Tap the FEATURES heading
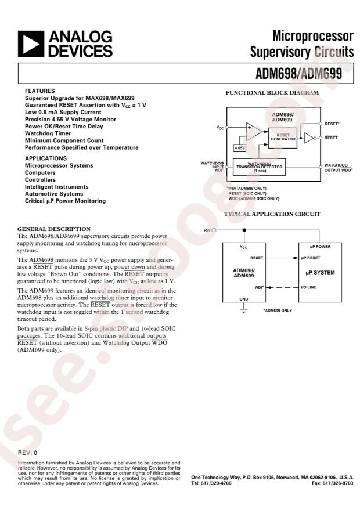tap(40, 91)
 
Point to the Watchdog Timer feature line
tap(49, 133)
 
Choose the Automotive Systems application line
tap(54, 194)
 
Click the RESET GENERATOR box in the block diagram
tap(283, 137)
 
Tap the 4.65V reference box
tap(239, 148)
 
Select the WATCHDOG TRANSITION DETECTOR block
tap(259, 167)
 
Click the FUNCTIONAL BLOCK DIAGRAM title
tap(272, 93)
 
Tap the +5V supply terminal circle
tap(215, 230)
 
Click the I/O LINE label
tap(308, 287)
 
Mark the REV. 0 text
tap(28, 452)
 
